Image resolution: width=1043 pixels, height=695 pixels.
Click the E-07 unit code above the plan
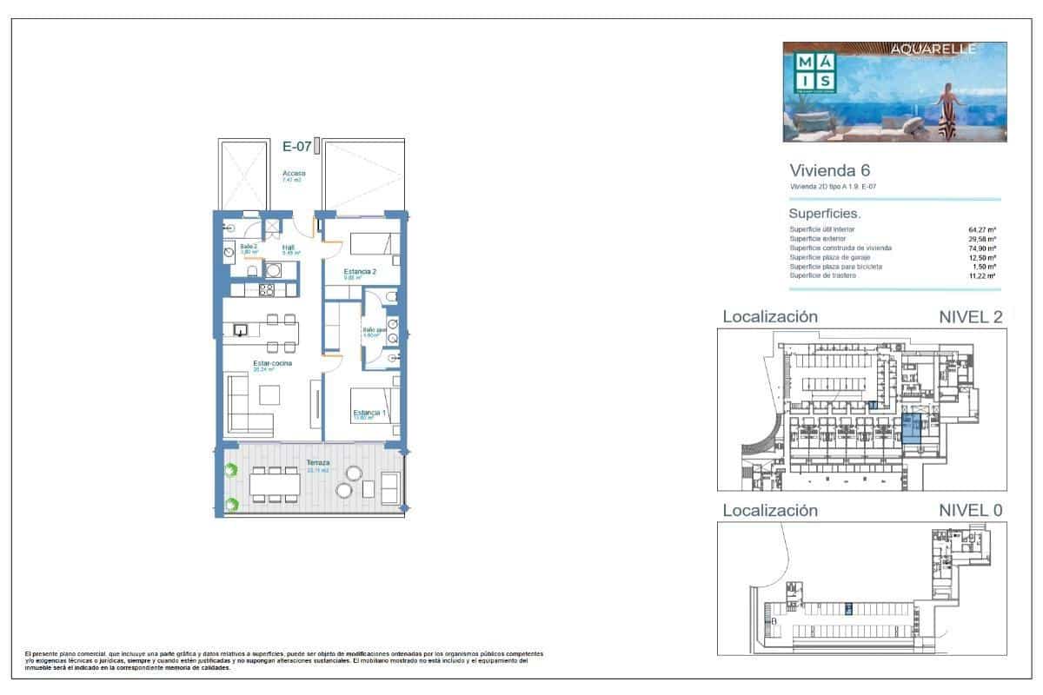pos(296,147)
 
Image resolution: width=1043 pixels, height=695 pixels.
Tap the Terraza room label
pos(317,463)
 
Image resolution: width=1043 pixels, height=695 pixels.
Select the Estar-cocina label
pos(272,363)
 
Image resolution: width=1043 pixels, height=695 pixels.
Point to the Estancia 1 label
pos(369,413)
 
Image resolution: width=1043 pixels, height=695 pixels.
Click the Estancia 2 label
pos(360,272)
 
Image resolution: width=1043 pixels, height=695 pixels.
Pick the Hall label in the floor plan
pos(287,247)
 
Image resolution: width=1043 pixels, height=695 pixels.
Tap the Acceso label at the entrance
pos(294,173)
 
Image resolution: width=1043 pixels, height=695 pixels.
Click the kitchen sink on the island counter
pos(242,329)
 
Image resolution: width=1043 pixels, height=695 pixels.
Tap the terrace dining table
pos(271,484)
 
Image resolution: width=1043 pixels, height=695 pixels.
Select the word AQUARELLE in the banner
pos(933,50)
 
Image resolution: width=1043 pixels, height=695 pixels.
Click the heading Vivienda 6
pos(829,170)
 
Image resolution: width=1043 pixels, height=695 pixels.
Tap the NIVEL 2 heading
pos(971,317)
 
